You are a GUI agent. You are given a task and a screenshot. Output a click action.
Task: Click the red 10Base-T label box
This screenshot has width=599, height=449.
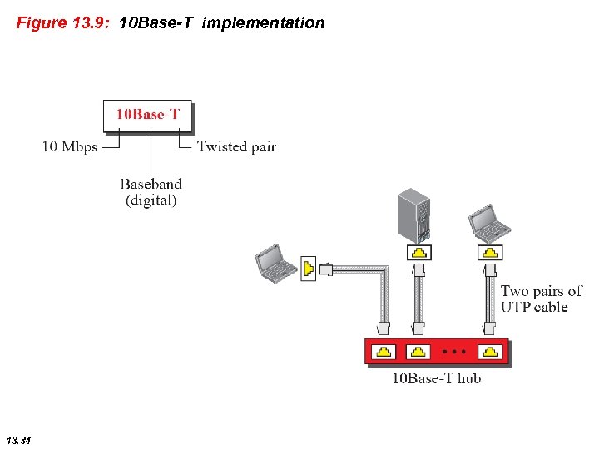tap(147, 115)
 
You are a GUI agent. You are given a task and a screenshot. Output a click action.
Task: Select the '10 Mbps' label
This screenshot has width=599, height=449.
tap(70, 147)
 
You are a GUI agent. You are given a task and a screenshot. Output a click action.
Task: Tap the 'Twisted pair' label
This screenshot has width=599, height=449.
tap(236, 147)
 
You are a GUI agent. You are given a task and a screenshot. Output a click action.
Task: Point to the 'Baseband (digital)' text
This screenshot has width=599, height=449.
tap(151, 191)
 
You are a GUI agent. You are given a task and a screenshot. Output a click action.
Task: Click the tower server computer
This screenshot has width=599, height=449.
tap(413, 215)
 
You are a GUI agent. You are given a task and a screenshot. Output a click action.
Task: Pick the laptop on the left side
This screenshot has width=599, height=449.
tap(275, 263)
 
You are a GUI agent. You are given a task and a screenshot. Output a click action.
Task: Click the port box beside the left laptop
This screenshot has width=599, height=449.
tap(308, 269)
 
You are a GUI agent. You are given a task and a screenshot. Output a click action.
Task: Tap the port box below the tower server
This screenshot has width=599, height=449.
tap(420, 252)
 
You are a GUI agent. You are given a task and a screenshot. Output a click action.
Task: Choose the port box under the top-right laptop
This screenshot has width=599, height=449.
tap(491, 252)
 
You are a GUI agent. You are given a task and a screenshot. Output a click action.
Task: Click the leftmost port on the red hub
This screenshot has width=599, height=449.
tap(383, 352)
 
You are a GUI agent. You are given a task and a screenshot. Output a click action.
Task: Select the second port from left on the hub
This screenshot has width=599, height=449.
tap(418, 352)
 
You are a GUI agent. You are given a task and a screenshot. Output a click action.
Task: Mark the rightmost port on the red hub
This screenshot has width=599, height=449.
tap(491, 352)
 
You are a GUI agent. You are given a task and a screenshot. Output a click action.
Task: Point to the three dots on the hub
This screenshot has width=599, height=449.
tap(454, 352)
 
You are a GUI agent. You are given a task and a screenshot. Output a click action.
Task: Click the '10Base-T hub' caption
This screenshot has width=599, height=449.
tap(436, 379)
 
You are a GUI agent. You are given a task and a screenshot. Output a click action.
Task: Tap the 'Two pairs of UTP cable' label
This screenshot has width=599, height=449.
tap(541, 299)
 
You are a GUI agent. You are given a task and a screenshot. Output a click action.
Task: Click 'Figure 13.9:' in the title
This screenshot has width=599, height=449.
tap(63, 23)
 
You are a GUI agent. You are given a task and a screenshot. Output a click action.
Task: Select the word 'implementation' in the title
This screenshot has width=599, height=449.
tap(263, 23)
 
